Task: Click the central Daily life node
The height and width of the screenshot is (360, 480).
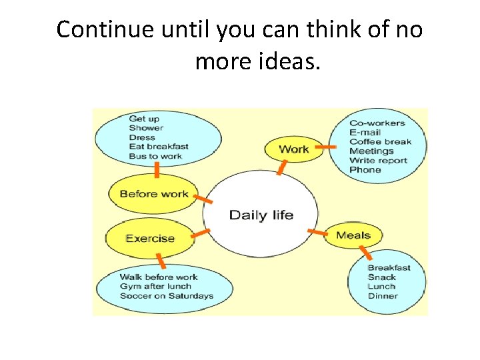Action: point(261,215)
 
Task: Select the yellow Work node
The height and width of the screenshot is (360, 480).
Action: point(293,149)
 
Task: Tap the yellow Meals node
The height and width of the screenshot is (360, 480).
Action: point(353,235)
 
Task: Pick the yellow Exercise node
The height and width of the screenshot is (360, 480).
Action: point(150,238)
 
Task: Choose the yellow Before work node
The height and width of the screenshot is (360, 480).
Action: point(154,194)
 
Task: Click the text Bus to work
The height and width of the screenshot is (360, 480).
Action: point(155,156)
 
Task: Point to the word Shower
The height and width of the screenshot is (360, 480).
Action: point(146,128)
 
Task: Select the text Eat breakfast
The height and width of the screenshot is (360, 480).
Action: point(159,147)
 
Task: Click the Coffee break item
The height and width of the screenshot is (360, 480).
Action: point(380,141)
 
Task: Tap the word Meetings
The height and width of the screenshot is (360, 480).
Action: point(372,151)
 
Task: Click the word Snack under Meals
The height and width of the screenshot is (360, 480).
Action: point(381,277)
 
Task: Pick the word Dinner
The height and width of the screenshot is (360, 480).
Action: point(383,296)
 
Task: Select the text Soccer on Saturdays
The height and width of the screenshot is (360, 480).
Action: point(167,296)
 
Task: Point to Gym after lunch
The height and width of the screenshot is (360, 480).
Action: point(155,287)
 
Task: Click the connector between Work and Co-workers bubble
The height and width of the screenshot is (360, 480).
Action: point(325,146)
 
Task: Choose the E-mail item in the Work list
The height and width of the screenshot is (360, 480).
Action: point(365,132)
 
